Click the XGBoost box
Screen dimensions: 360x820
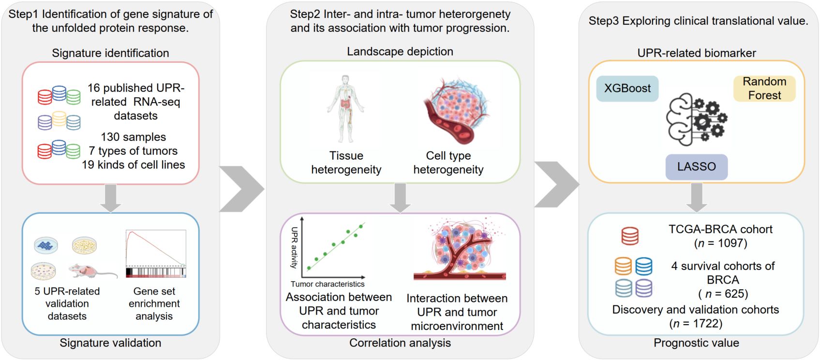click(x=627, y=89)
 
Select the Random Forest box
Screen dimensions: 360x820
click(x=764, y=89)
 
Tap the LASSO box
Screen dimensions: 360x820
click(x=696, y=167)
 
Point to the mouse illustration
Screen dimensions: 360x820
click(x=92, y=271)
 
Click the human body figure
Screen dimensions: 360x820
click(x=345, y=109)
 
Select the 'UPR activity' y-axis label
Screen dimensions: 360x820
click(x=294, y=247)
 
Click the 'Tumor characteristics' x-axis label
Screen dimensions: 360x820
click(x=328, y=284)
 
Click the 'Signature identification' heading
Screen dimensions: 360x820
click(x=110, y=53)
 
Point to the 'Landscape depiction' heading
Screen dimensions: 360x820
click(x=400, y=52)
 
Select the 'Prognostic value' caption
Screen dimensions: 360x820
click(x=696, y=343)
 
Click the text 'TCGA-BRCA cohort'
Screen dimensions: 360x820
click(x=720, y=229)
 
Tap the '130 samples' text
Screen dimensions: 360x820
click(x=133, y=137)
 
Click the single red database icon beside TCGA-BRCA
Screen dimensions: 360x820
click(x=629, y=236)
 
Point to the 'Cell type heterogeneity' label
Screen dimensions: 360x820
click(x=448, y=163)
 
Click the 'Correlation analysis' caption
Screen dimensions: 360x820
click(x=400, y=343)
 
